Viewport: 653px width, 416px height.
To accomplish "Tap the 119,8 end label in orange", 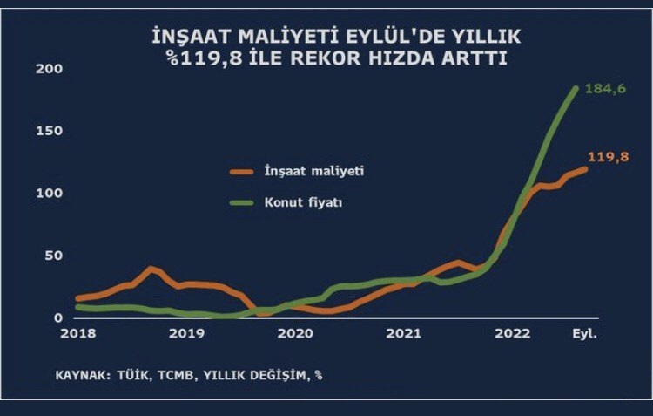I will coord(609,158).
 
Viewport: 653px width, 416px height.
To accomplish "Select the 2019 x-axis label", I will coord(186,333).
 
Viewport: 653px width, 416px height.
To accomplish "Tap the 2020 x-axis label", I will coord(296,333).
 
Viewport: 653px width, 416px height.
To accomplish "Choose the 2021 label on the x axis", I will coord(405,333).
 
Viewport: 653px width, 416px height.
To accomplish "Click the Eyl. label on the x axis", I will coord(584,333).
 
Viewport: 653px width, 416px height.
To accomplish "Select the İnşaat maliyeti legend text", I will coord(313,171).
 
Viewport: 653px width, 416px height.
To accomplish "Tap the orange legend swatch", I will coord(241,172).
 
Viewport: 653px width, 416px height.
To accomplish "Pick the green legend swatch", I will coord(241,203).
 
